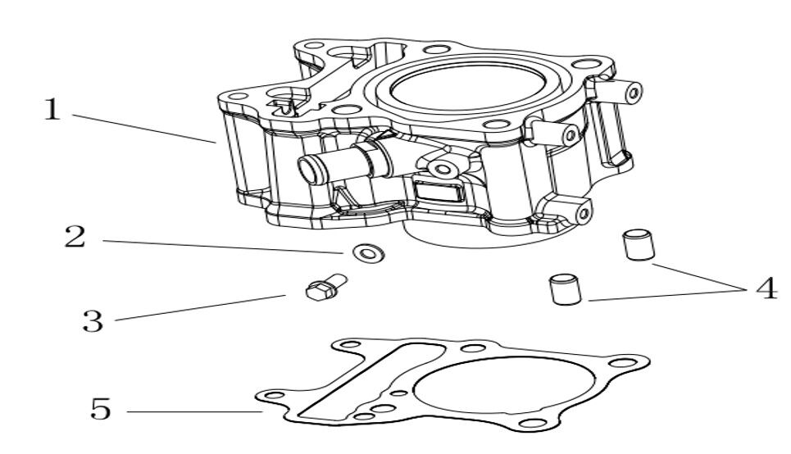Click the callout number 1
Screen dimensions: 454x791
(x=52, y=109)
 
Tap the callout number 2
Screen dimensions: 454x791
(x=75, y=238)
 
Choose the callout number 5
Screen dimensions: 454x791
(x=100, y=408)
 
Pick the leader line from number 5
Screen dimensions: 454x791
(x=193, y=411)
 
